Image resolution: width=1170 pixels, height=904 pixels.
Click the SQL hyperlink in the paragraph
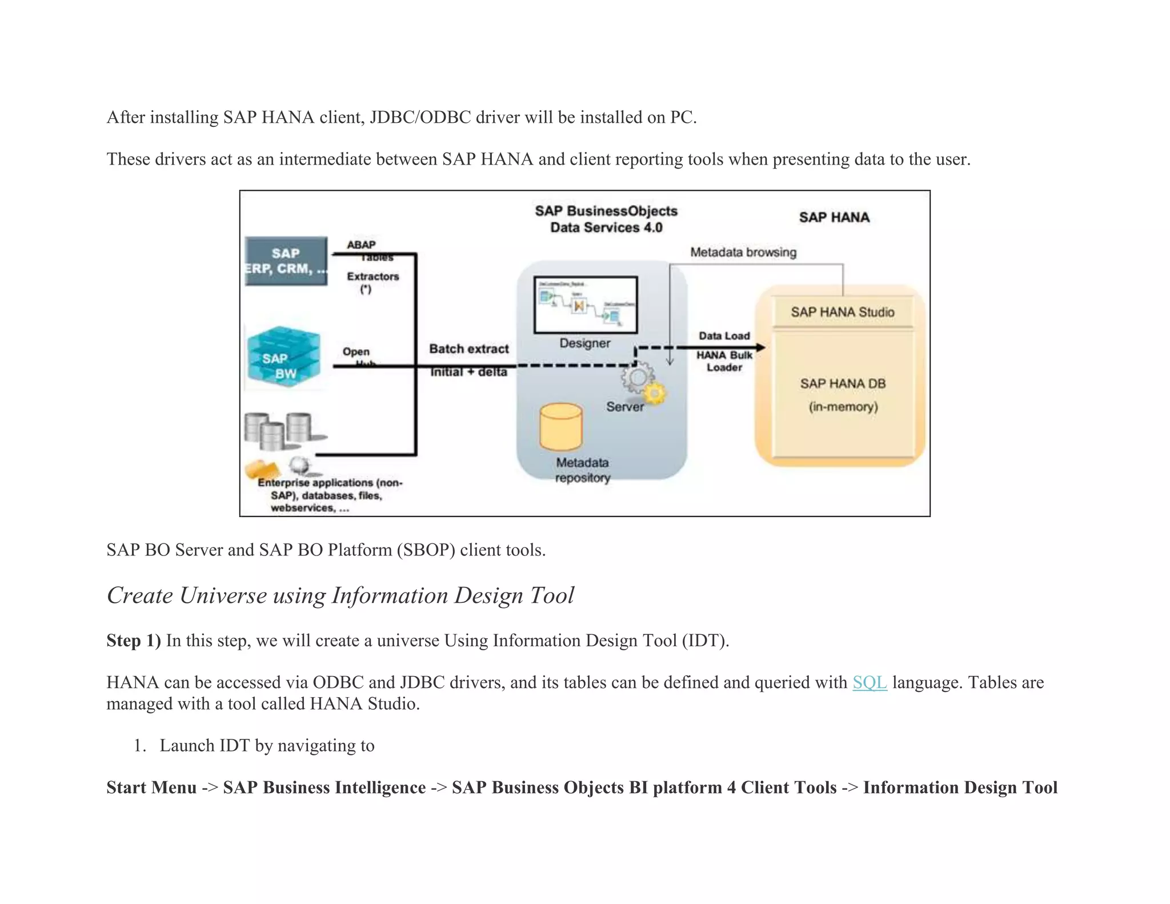[x=869, y=682]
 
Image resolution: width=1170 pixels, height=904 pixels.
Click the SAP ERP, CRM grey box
[x=286, y=261]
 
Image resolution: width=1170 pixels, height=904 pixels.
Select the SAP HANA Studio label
[x=842, y=312]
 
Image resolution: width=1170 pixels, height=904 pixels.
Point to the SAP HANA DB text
[x=842, y=383]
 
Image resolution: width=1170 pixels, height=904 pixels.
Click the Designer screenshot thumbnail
[x=586, y=305]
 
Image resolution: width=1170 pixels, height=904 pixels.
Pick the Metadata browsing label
[x=743, y=252]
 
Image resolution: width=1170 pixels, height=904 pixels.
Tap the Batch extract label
[x=468, y=349]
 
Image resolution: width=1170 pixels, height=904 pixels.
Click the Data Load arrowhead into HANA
[x=760, y=347]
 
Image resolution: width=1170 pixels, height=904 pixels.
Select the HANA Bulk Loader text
[x=724, y=361]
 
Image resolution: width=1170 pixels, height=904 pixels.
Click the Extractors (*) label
[x=372, y=282]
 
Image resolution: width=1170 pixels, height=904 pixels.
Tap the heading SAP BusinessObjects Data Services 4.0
[x=606, y=219]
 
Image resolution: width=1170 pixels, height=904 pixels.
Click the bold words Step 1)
[x=134, y=641]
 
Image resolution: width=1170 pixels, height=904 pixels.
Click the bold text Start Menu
[x=151, y=787]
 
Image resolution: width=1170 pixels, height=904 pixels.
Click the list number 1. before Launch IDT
[x=140, y=746]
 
